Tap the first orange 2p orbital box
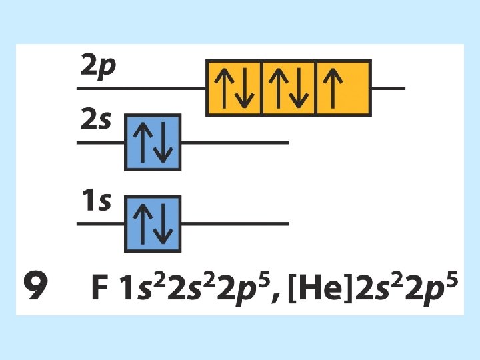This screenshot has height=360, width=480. pos(234,88)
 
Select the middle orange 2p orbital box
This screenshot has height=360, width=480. pos(289,88)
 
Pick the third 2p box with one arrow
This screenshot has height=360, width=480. pos(343,88)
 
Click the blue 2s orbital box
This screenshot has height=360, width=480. pos(153,142)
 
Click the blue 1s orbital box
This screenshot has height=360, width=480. pos(153,224)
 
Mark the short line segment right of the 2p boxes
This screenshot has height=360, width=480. pos(387,88)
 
